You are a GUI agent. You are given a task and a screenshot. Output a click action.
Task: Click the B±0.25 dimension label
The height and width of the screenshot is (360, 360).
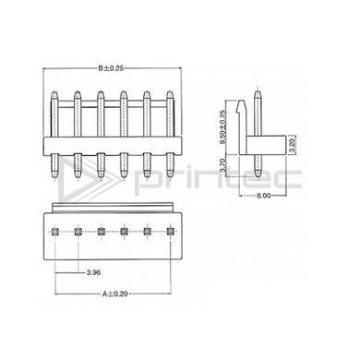click(111, 68)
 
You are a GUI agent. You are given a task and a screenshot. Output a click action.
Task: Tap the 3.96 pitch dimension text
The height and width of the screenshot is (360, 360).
click(94, 272)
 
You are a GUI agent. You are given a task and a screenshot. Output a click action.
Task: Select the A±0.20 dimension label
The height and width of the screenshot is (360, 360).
click(115, 294)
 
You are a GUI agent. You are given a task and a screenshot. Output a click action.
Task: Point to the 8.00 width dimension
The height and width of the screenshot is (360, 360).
click(264, 196)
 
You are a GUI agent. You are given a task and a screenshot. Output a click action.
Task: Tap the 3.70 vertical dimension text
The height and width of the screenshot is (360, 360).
click(223, 164)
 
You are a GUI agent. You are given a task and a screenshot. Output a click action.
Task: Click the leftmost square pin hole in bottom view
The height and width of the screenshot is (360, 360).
click(54, 231)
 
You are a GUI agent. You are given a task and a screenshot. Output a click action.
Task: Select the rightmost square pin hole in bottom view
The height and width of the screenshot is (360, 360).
click(170, 231)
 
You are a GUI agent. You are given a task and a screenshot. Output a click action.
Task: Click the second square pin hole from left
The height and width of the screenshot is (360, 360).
click(78, 231)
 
